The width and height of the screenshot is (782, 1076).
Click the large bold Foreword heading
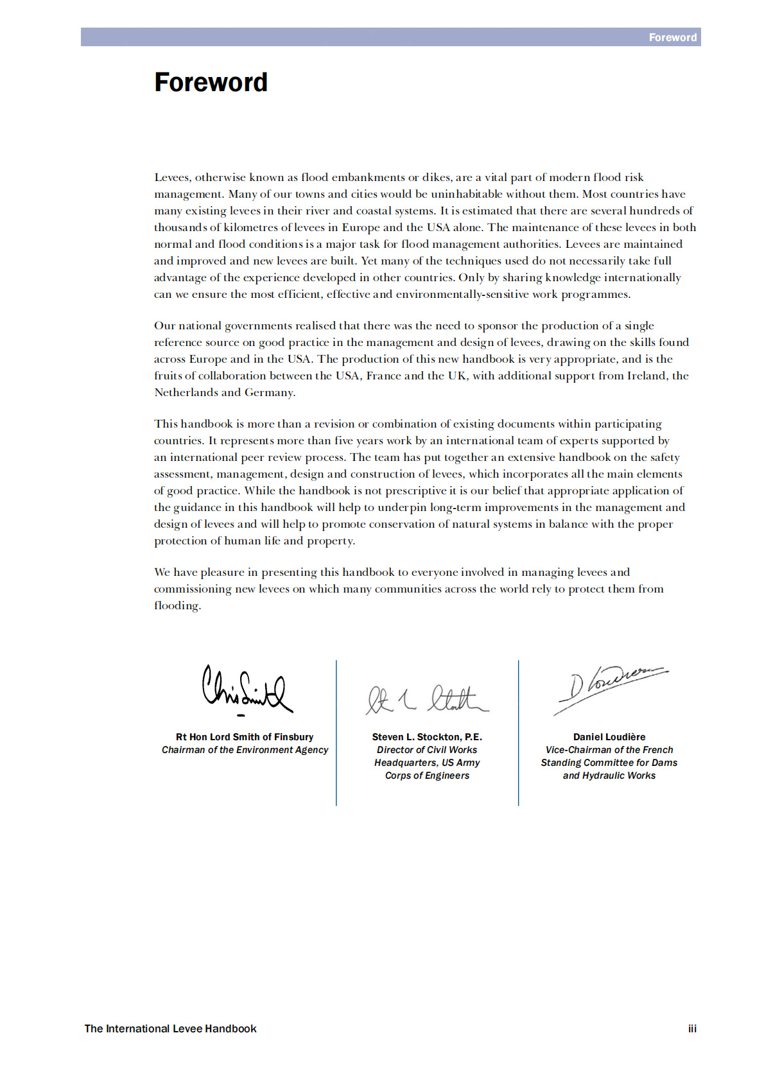coord(211,83)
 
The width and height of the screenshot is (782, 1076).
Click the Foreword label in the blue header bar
coord(672,38)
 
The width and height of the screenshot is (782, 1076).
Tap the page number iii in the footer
coord(692,1028)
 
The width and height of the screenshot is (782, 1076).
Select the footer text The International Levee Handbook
coord(170,1028)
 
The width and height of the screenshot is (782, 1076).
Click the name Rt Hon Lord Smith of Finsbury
coord(245,737)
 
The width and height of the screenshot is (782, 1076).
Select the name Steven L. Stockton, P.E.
coord(427,737)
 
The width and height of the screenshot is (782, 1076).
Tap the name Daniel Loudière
coord(609,737)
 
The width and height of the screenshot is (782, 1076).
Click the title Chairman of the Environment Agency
coord(245,750)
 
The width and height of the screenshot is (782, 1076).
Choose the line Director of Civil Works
coord(427,750)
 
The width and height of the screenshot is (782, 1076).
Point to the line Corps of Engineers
coord(427,776)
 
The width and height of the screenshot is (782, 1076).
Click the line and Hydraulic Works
coord(609,776)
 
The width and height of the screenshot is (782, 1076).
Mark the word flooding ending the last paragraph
coord(177,606)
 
